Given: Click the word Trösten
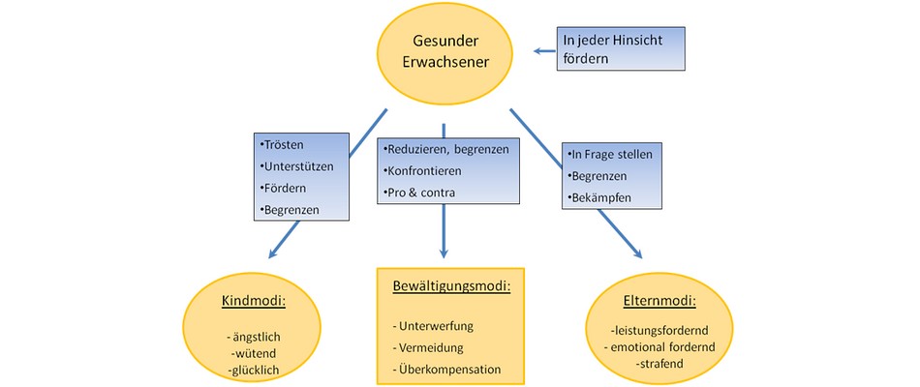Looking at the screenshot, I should point(284,145).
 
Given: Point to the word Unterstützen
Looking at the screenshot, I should point(298,166).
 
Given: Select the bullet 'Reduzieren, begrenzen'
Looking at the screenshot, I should point(446,150).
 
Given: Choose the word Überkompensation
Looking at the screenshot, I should point(446,369).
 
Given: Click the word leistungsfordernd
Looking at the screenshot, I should point(644,330).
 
